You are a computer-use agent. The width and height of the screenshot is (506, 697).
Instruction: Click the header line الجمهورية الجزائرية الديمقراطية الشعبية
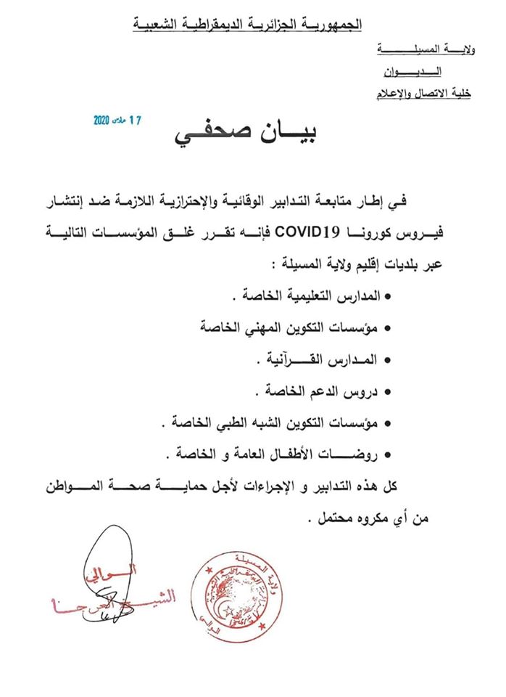tap(247, 24)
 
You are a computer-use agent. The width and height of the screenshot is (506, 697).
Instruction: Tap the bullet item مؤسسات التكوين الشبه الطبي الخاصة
tap(279, 424)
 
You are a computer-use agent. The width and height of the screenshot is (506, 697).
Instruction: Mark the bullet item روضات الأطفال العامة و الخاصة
tap(279, 455)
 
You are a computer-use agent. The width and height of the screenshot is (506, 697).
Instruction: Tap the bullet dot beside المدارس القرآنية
tap(387, 361)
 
